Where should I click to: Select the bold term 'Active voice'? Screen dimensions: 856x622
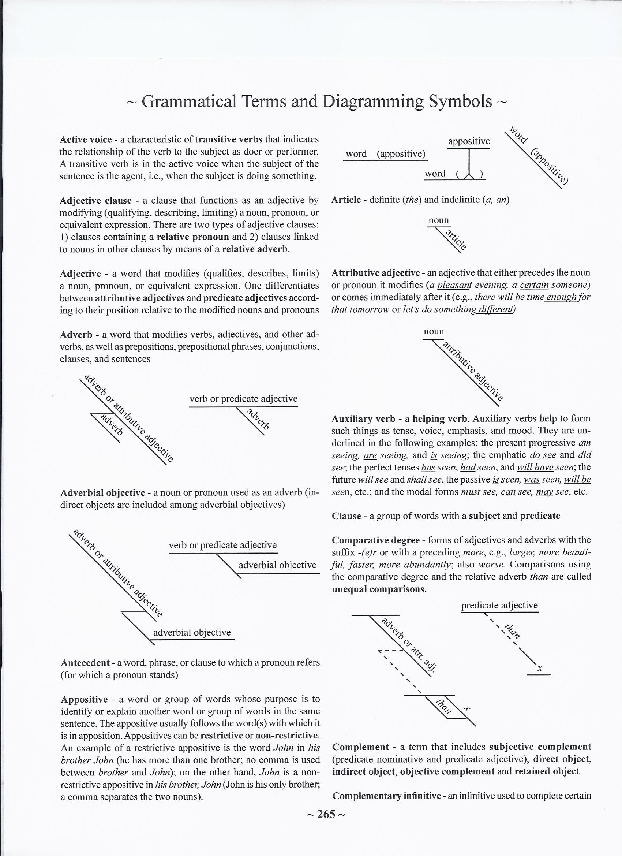click(x=86, y=139)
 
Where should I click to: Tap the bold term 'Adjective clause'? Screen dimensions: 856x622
click(x=96, y=200)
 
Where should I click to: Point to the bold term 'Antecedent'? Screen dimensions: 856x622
click(x=85, y=663)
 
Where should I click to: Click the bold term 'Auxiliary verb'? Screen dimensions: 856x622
click(x=363, y=419)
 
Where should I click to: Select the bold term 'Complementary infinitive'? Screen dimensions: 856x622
click(x=386, y=796)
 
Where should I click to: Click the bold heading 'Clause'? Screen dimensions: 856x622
click(x=346, y=516)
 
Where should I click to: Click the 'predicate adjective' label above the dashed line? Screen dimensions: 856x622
click(x=499, y=606)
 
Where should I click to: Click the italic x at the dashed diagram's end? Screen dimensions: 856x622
click(x=540, y=669)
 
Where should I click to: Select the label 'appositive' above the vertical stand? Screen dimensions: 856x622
click(x=469, y=142)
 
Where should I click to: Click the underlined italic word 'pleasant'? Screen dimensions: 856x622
click(x=451, y=285)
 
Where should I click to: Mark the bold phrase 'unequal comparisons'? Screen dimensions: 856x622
click(x=378, y=589)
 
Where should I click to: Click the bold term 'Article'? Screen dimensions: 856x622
click(x=346, y=200)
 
